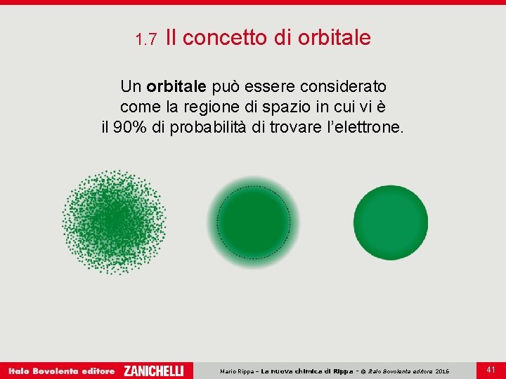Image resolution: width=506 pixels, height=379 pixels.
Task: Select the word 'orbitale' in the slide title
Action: (335, 38)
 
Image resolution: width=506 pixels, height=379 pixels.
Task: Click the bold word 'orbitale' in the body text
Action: (176, 86)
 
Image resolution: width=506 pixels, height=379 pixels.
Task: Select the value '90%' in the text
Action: (132, 129)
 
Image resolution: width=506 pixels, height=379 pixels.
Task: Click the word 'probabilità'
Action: (209, 129)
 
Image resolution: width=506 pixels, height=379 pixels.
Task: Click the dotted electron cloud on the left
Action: (114, 220)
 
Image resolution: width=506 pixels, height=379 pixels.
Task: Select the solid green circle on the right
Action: (390, 222)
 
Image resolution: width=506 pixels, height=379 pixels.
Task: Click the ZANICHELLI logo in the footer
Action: (154, 371)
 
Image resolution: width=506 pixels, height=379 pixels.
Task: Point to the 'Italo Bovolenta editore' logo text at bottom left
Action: (61, 371)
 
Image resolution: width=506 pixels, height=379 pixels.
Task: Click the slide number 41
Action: (491, 369)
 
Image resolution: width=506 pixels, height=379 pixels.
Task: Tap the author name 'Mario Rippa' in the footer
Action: (238, 371)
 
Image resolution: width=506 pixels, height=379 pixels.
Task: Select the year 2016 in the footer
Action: (442, 371)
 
